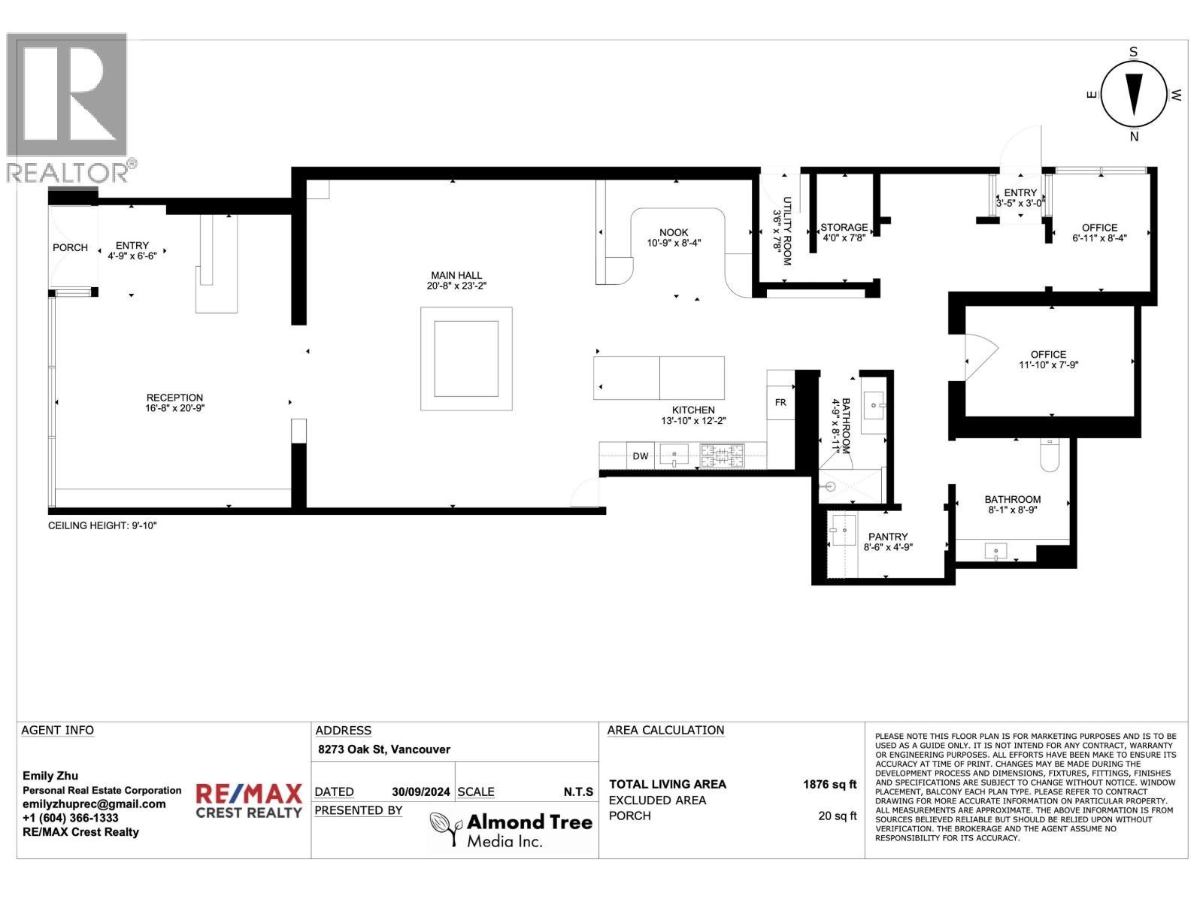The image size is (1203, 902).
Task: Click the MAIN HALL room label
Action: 456,275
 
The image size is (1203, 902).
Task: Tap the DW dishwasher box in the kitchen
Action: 640,456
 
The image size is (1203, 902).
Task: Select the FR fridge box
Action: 780,402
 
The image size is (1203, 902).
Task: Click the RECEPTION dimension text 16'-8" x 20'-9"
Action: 174,408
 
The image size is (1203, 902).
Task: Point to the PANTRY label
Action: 888,537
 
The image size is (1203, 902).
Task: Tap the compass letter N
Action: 1134,137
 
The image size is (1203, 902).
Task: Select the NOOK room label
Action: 674,232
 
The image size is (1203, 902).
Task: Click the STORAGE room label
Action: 844,227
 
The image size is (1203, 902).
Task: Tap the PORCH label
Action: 70,247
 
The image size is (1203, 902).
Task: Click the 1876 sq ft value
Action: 829,784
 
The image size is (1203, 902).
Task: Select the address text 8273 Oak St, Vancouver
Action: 383,749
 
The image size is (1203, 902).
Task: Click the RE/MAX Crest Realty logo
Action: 249,801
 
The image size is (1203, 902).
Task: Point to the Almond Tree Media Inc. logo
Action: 511,829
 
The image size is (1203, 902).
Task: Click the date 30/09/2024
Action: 420,792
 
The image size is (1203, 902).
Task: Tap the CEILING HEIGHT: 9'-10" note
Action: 102,525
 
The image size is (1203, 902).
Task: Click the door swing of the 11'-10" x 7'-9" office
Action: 980,356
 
